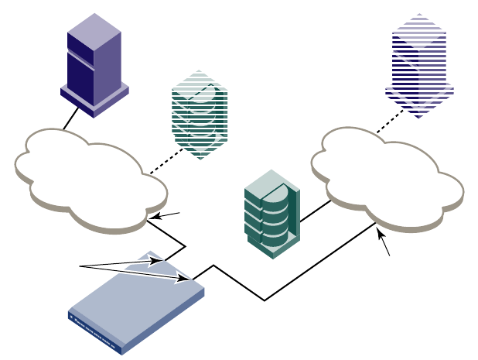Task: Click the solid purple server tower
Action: [x=94, y=66]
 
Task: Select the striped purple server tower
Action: [x=419, y=66]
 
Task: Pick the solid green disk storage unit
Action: [x=271, y=213]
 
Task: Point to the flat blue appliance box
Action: [x=135, y=298]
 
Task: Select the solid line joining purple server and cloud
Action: [x=71, y=118]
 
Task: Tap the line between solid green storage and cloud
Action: [x=315, y=211]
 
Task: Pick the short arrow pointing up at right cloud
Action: [x=384, y=243]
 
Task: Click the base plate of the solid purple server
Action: [x=94, y=101]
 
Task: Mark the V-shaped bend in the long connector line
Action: [x=265, y=300]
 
